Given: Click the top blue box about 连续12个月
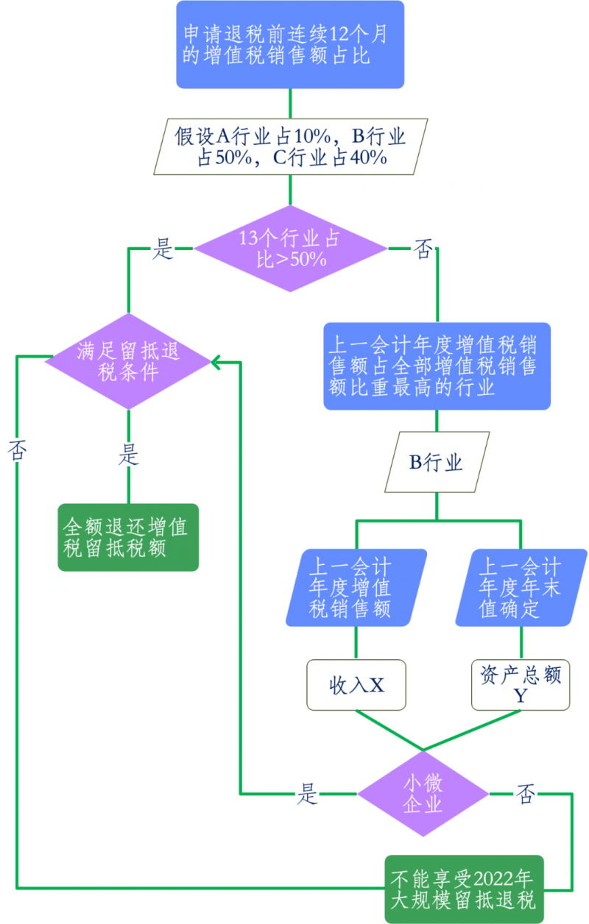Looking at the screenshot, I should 290,44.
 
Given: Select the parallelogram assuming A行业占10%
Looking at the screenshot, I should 290,146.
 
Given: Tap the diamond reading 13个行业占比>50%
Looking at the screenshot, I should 290,249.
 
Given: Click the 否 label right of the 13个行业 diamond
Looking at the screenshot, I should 423,249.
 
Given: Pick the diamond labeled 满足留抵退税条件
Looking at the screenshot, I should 129,361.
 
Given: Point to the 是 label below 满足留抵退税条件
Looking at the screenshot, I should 128,455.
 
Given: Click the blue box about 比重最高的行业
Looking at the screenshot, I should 437,366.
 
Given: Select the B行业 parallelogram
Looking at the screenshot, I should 437,463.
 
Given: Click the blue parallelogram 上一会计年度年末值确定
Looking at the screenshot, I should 521,588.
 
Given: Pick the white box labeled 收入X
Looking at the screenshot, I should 356,685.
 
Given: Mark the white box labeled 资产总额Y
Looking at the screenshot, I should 521,685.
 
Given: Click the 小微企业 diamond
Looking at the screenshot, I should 423,794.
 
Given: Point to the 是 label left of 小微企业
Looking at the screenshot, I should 308,794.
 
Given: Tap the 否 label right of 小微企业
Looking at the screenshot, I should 526,794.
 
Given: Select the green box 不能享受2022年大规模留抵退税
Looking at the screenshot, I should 464,889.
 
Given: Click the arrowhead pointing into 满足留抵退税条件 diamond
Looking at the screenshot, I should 216,361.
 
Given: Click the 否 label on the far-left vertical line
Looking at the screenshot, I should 16,450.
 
